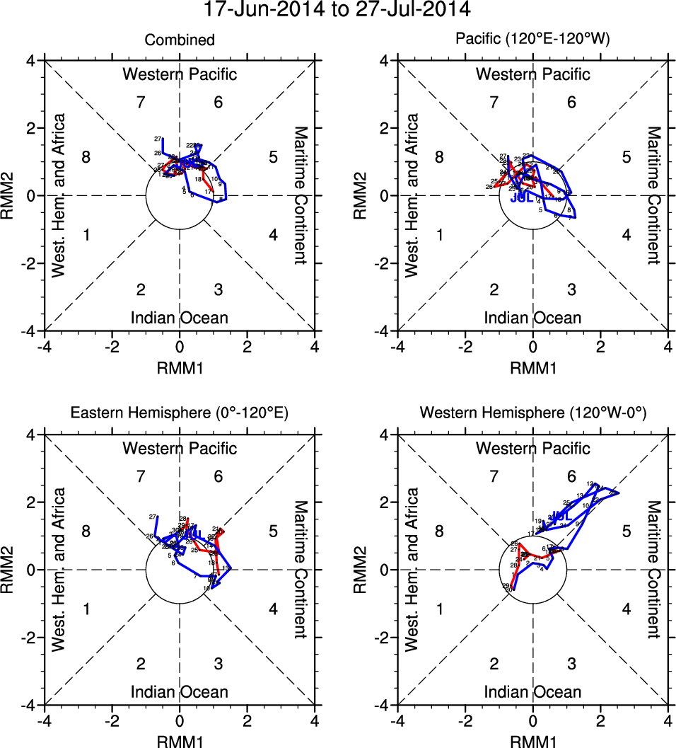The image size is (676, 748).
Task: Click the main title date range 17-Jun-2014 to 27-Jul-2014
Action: coord(337,10)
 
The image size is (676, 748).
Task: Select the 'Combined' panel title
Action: coord(180,40)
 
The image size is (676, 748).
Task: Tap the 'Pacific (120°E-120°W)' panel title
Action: coord(532,40)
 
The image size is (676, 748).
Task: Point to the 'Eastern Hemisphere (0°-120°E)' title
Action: coord(180,414)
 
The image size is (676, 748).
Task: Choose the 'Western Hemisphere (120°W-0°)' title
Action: coord(532,414)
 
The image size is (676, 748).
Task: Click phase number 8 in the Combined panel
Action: coord(86,157)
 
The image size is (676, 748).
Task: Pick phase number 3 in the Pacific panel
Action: coord(571,289)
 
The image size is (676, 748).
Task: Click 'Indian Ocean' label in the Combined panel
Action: coord(180,318)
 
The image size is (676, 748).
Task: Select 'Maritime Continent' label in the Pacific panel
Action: coord(655,195)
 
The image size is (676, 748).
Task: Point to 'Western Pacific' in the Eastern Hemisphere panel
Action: coord(180,448)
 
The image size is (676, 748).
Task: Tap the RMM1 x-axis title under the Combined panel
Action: coord(180,367)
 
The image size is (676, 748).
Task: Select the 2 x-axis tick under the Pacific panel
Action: coord(600,347)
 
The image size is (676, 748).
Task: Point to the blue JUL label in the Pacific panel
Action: coord(521,198)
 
